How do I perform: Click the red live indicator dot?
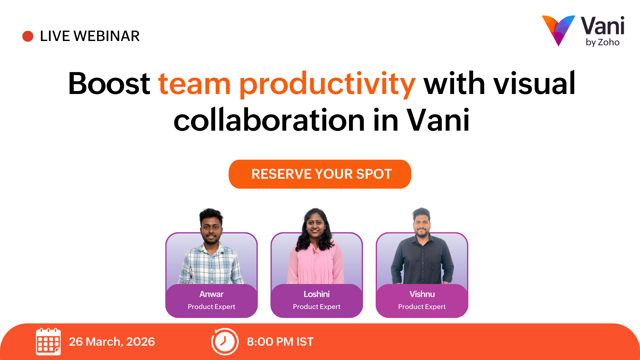pyautogui.click(x=28, y=36)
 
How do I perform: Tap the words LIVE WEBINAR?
pyautogui.click(x=90, y=36)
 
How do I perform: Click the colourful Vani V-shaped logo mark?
pyautogui.click(x=558, y=30)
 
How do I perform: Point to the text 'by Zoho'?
pyautogui.click(x=603, y=42)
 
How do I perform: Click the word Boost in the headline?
pyautogui.click(x=109, y=83)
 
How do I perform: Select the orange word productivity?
pyautogui.click(x=327, y=84)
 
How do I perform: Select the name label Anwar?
pyautogui.click(x=211, y=294)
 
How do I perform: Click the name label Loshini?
pyautogui.click(x=317, y=294)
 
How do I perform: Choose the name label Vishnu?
pyautogui.click(x=422, y=294)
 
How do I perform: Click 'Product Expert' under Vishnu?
pyautogui.click(x=422, y=307)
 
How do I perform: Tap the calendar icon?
pyautogui.click(x=48, y=342)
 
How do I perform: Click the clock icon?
pyautogui.click(x=225, y=342)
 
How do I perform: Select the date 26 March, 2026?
pyautogui.click(x=112, y=342)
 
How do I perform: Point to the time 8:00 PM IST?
pyautogui.click(x=280, y=342)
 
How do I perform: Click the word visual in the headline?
pyautogui.click(x=534, y=83)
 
